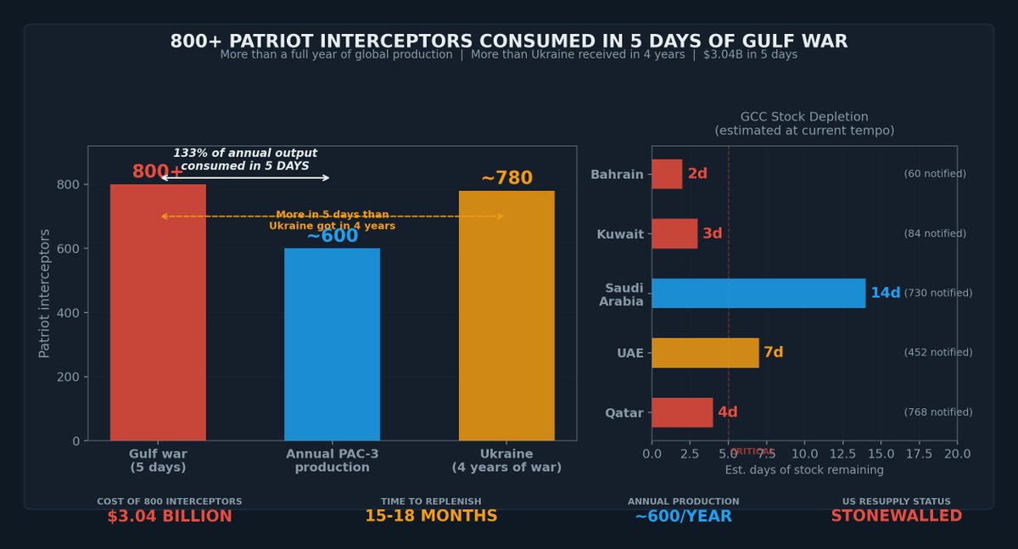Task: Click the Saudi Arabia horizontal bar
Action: (758, 293)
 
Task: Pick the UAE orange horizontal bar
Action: (704, 352)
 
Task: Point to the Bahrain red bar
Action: (666, 174)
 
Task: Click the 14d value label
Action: (885, 293)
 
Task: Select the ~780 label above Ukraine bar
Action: (506, 178)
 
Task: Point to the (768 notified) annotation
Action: (937, 412)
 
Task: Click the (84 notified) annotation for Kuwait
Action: (934, 233)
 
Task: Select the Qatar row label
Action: (624, 413)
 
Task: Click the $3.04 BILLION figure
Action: (170, 516)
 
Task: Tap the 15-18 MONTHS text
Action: (431, 516)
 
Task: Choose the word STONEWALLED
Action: (896, 516)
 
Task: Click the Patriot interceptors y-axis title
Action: (45, 293)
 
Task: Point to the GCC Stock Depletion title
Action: (803, 117)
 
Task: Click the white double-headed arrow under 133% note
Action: (245, 177)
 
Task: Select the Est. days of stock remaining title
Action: (803, 470)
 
